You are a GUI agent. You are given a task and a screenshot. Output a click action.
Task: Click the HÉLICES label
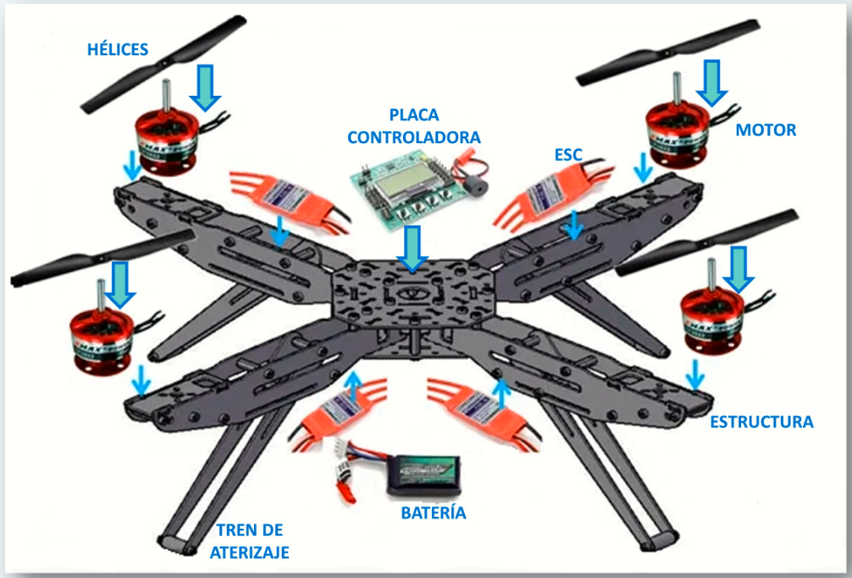[118, 49]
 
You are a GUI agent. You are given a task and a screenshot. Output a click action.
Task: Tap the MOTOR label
[766, 130]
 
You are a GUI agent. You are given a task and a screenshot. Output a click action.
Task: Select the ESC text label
[567, 155]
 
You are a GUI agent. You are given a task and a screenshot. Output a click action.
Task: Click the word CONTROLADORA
[414, 137]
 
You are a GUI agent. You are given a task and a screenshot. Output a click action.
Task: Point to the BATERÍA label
[433, 513]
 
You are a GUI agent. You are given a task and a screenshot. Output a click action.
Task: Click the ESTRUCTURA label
[761, 422]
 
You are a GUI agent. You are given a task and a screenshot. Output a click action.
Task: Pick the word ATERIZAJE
[249, 553]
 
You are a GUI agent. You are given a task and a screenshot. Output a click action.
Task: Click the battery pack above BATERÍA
[423, 475]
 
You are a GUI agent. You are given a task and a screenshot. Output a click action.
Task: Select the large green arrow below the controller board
[412, 248]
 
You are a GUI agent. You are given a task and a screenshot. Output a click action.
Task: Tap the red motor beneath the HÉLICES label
[166, 142]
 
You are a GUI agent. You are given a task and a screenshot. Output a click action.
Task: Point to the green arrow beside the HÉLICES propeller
[206, 88]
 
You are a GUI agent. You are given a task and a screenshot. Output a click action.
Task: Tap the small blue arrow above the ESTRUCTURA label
[695, 374]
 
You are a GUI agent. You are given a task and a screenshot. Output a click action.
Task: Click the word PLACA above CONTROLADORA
[414, 115]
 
